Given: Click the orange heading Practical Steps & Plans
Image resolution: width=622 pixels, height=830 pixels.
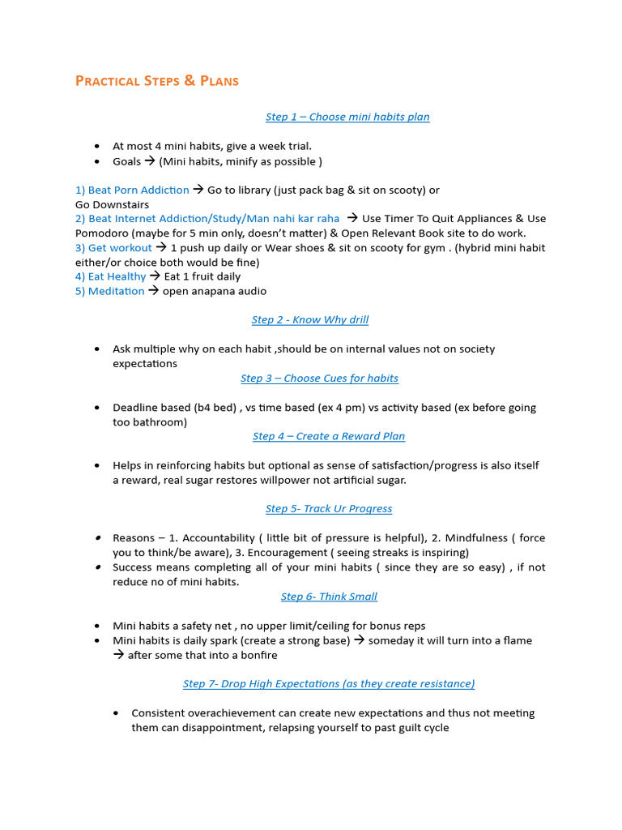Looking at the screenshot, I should tap(156, 81).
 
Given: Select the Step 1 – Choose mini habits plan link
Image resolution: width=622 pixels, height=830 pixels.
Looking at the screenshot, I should tap(347, 117).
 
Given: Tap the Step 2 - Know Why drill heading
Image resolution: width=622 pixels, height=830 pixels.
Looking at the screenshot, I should tap(309, 319).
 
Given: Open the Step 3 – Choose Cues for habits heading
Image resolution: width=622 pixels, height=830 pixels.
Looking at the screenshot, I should tap(319, 378).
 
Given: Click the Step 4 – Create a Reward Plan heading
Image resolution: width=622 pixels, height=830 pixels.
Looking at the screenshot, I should tap(328, 436).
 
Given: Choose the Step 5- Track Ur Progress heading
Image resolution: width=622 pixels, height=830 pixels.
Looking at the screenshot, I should tap(328, 509).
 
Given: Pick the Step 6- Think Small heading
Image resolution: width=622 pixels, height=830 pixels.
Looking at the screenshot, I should tap(329, 597).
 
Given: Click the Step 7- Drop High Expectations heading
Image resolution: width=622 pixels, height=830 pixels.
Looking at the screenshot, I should tap(328, 683).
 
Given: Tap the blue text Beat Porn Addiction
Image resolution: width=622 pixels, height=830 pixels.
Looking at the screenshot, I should tap(138, 190).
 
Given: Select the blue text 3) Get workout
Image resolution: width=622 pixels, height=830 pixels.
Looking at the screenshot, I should tap(113, 247).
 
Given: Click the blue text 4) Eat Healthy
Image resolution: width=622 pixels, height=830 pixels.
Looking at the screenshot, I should tap(110, 276).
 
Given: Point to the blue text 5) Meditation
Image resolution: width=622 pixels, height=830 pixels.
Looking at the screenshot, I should tap(109, 291).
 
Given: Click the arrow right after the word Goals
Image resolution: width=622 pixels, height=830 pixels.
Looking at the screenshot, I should tap(150, 161).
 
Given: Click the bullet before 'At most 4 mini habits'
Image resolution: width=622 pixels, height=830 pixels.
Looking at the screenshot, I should tap(97, 147).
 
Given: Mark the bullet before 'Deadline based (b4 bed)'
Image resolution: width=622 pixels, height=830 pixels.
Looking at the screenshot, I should tap(97, 408).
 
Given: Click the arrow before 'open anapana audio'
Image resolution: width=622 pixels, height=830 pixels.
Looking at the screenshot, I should tap(154, 291).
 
